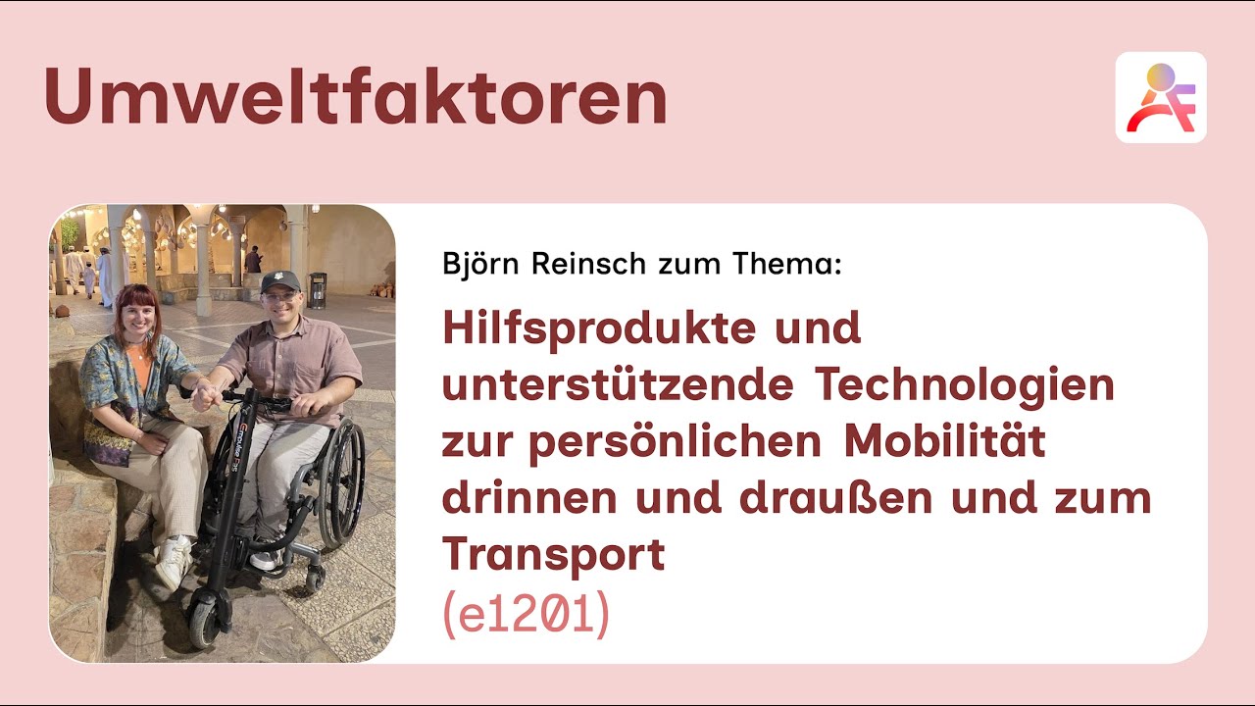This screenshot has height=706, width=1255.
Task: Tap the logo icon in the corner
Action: coord(1161,98)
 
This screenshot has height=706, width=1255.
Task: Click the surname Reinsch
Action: coord(581,264)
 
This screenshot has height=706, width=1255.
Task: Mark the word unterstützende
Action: coord(617,385)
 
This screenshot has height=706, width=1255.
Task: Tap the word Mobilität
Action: coord(945,442)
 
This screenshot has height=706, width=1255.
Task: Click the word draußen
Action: coord(831,498)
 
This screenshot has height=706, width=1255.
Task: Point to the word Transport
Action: coord(553,555)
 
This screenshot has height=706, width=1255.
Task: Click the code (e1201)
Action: coord(527,615)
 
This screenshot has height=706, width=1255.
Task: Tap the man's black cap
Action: coord(280,280)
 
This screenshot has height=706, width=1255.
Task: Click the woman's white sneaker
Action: coord(175,561)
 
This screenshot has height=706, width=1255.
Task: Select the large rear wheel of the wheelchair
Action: coord(343,481)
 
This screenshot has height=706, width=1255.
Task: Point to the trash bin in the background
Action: coord(318,289)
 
